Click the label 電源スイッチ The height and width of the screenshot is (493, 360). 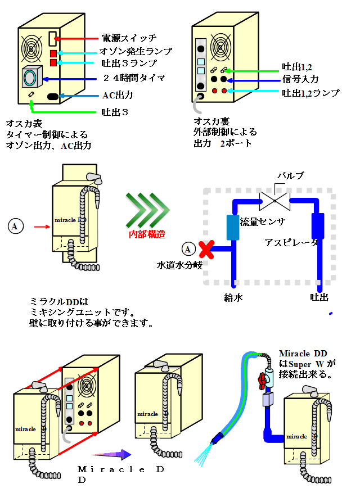(x=129, y=38)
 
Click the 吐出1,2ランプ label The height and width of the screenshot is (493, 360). (x=310, y=93)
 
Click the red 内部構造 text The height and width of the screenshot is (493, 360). (x=148, y=234)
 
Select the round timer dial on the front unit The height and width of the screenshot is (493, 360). (x=32, y=78)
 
